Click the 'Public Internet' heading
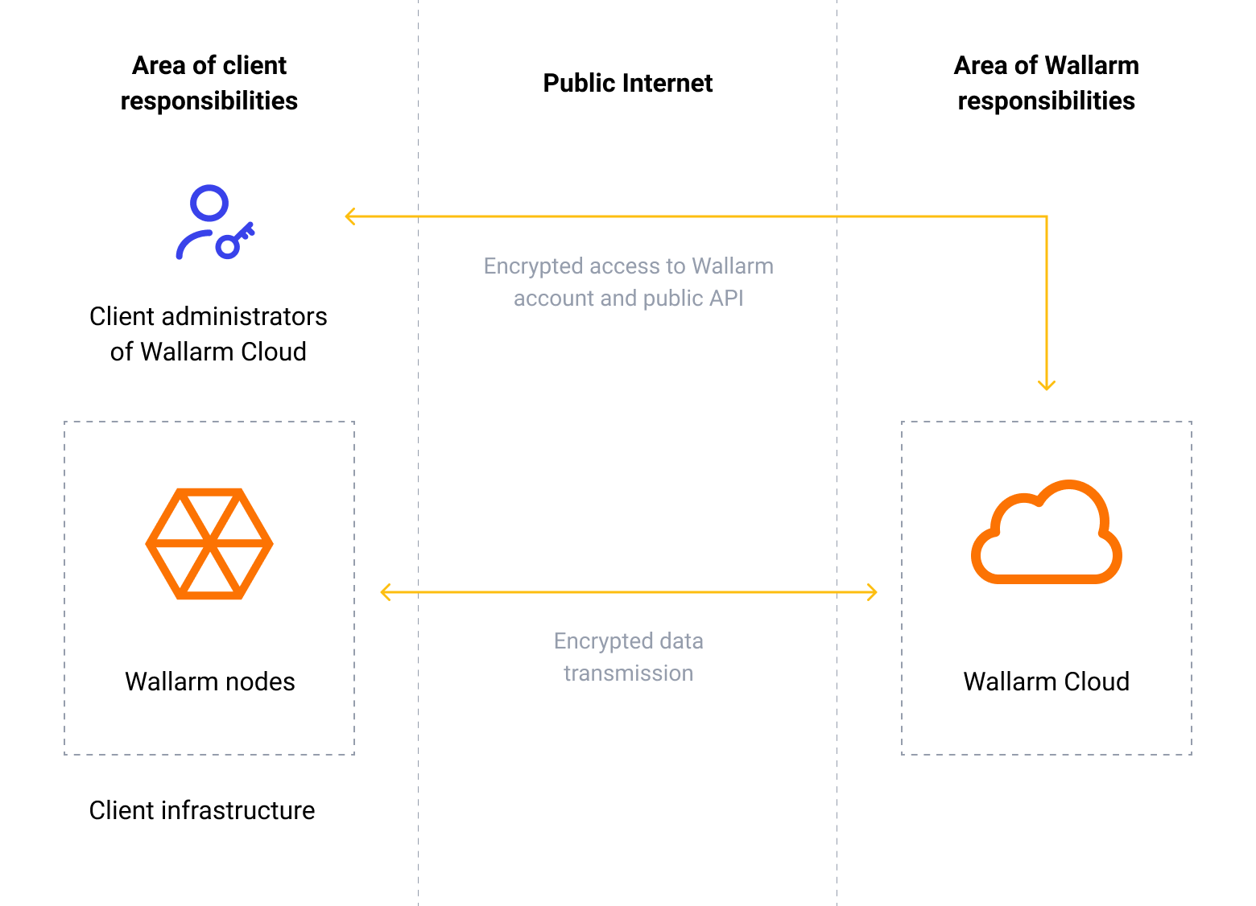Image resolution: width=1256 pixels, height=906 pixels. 627,83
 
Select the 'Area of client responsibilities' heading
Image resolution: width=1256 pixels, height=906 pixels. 209,83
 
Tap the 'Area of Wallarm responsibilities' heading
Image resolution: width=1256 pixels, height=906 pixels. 1046,83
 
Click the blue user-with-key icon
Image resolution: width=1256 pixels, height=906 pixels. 213,223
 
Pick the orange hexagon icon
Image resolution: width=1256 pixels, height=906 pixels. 209,544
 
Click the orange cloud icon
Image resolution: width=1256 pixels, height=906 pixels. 1047,533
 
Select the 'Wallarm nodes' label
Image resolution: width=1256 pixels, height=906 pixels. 209,682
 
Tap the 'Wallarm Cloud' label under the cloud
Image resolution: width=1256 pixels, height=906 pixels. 1046,682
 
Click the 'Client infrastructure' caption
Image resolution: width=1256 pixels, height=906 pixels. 202,810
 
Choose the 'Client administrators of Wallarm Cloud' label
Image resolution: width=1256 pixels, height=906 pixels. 209,334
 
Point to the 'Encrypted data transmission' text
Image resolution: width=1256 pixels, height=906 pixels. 628,657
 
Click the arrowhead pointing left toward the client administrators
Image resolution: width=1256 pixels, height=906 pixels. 349,216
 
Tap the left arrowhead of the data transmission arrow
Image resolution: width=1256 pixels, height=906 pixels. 385,593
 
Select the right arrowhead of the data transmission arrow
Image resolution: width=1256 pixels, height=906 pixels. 872,593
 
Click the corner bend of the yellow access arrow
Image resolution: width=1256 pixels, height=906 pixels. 1046,216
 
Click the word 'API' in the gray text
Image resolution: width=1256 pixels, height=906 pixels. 727,299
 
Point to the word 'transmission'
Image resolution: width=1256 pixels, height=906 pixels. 628,673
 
